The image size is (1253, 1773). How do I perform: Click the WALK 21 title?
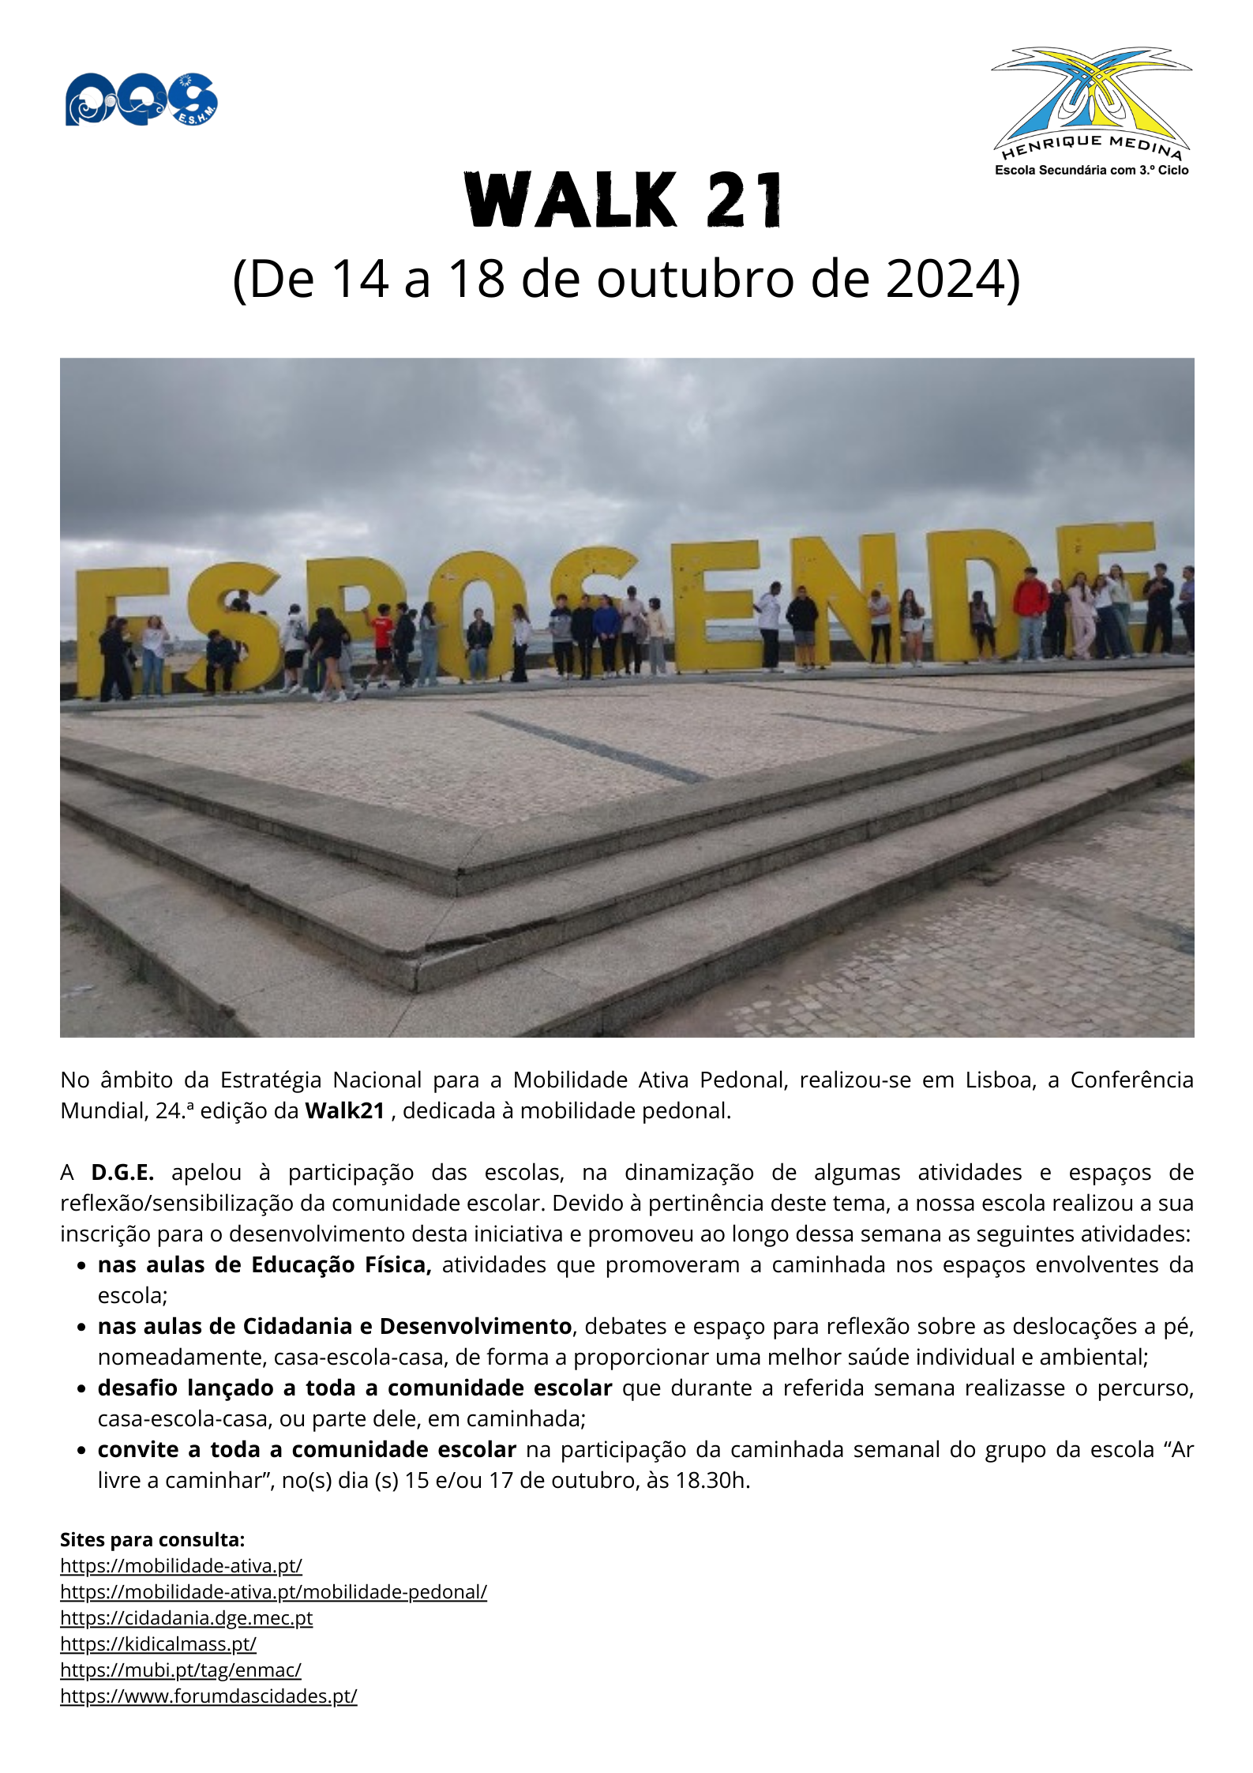click(x=625, y=201)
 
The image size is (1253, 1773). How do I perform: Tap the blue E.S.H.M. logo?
click(x=141, y=100)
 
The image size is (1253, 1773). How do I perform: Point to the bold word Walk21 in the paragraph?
click(x=344, y=1110)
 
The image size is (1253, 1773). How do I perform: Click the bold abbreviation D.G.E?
click(x=122, y=1172)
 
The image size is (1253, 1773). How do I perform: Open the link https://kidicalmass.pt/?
click(x=158, y=1643)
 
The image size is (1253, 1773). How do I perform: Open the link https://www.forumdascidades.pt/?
click(x=208, y=1696)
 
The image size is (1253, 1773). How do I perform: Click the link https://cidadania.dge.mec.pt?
click(x=186, y=1617)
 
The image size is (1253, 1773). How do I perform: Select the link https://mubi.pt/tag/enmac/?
click(x=181, y=1670)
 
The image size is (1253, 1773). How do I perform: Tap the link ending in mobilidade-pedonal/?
click(x=273, y=1591)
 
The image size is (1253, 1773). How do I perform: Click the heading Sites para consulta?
click(x=152, y=1539)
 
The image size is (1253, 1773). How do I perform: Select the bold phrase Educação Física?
click(x=341, y=1264)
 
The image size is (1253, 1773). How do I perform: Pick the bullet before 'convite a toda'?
click(x=81, y=1450)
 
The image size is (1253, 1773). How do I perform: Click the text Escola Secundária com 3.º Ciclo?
click(x=1091, y=170)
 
